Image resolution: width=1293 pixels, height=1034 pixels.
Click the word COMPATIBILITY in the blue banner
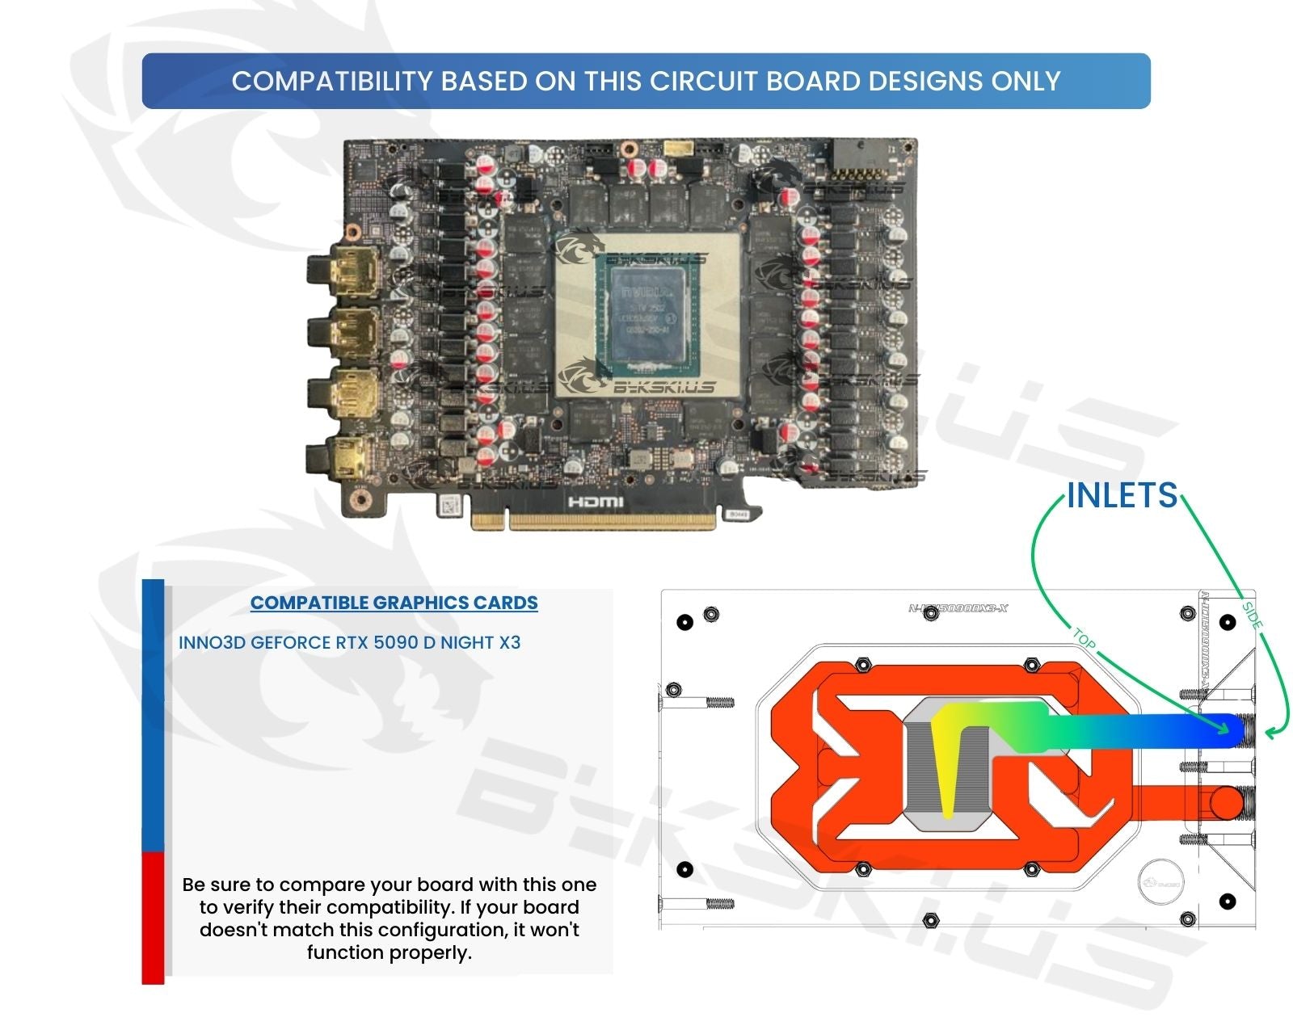click(x=332, y=81)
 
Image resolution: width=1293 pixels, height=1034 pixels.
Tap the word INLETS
click(x=1122, y=495)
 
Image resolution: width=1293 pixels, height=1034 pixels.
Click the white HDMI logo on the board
click(x=596, y=502)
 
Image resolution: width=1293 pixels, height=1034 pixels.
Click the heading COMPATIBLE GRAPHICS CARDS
click(x=394, y=603)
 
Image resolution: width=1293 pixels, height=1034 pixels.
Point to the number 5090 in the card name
click(x=402, y=643)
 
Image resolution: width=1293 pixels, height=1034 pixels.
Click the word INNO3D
click(x=212, y=643)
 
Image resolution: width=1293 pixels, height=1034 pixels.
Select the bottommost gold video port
click(x=347, y=457)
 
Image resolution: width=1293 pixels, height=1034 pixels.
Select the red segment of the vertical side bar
click(x=153, y=917)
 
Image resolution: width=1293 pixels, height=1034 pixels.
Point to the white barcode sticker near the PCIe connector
click(x=451, y=506)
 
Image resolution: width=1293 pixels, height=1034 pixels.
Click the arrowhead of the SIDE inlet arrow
click(x=1270, y=733)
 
